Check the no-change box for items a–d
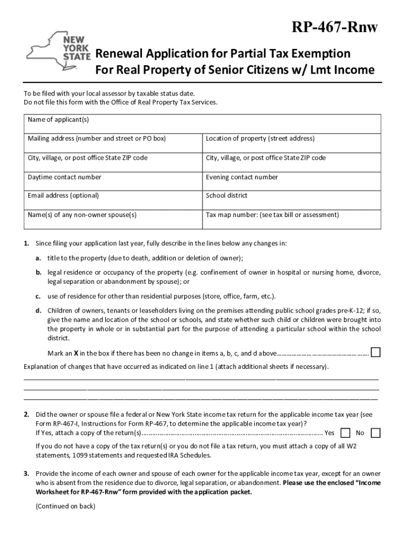pos(376,352)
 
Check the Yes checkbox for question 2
pos(346,433)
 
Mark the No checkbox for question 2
pos(376,433)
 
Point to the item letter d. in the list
pos(39,310)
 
